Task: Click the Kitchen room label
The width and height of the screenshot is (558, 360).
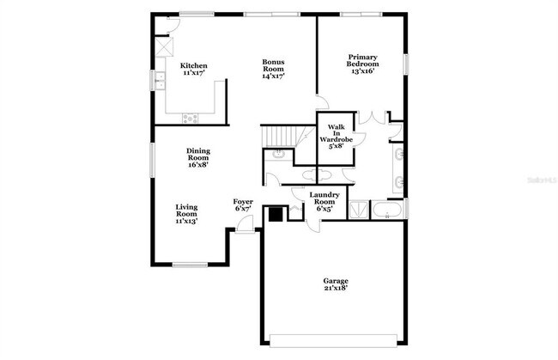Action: tap(191, 66)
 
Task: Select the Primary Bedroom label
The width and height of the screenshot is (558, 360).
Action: tap(361, 58)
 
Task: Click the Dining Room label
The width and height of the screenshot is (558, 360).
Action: tap(198, 154)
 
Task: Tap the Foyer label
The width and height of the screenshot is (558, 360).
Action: tap(243, 202)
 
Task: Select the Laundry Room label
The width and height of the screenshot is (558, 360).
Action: tap(325, 198)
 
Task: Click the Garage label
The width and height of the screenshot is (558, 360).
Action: tap(335, 281)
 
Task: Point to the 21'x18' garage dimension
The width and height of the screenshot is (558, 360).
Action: tap(335, 289)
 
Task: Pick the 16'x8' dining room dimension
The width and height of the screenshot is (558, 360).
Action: tap(198, 165)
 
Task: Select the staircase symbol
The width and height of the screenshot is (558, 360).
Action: tap(283, 136)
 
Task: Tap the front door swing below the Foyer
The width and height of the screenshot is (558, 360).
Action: tap(245, 225)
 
